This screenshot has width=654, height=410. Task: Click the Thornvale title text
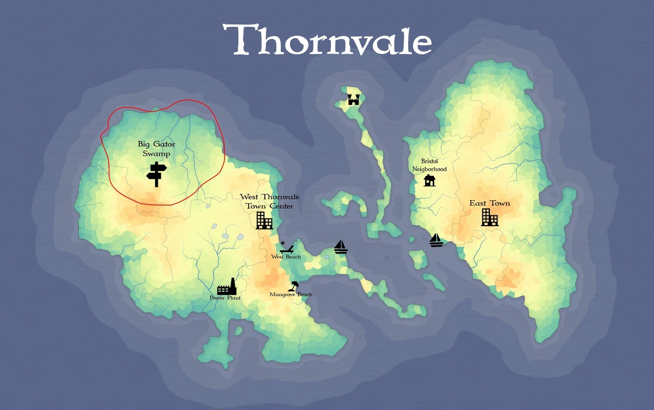tap(327, 39)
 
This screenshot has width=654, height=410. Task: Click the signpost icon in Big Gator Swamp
tap(156, 174)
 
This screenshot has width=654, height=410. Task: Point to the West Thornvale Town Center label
tap(269, 201)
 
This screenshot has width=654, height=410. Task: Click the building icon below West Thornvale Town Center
tap(264, 220)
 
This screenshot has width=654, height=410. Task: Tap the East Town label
tap(490, 203)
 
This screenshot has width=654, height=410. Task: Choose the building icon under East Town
tap(489, 218)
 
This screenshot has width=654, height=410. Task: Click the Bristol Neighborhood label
tap(429, 165)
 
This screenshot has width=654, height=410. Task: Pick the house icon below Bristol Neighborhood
tap(429, 180)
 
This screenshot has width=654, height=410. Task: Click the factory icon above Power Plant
tap(227, 286)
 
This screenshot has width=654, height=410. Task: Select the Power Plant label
tap(226, 298)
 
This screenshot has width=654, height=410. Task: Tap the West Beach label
tap(286, 257)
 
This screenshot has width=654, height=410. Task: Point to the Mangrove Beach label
tap(291, 294)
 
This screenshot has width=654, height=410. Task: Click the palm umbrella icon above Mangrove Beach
tap(294, 285)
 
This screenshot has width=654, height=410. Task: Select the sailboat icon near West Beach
tap(341, 247)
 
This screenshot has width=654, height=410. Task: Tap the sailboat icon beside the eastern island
tap(435, 240)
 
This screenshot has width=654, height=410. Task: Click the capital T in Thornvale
tap(239, 39)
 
